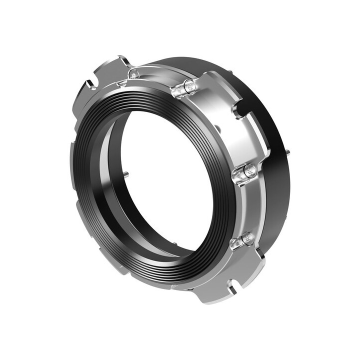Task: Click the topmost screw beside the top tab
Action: (133, 74)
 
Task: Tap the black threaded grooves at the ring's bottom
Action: (165, 272)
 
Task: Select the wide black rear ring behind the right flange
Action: (277, 200)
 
